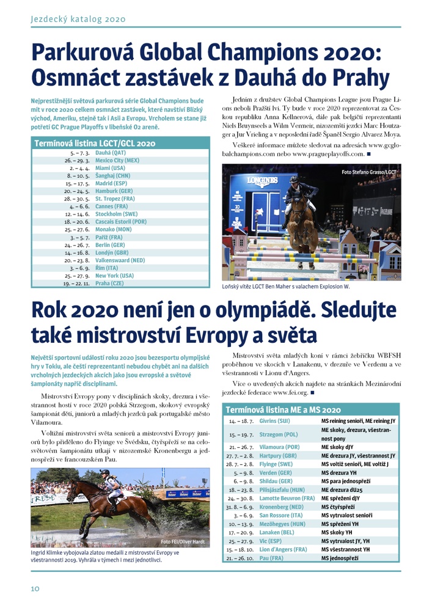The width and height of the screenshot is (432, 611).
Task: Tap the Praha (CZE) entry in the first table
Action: coord(110,284)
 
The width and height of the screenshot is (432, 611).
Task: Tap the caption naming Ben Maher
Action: coord(286,287)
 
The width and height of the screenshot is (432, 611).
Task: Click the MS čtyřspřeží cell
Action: coord(340,524)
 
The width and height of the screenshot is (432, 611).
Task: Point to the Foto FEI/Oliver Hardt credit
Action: coord(183,541)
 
